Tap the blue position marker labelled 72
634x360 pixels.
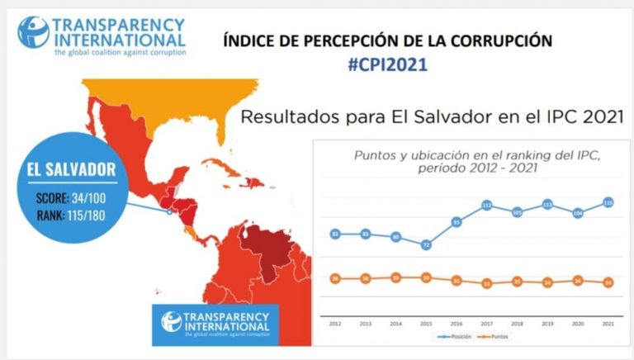coord(426,245)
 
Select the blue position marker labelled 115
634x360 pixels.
coord(608,202)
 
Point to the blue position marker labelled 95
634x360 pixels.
coord(456,221)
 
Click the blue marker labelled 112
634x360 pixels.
coord(487,205)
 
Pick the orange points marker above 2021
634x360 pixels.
coord(608,282)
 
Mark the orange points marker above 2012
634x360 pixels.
coord(335,278)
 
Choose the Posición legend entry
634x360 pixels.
coord(442,338)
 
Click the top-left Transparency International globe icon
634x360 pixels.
coord(33,31)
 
